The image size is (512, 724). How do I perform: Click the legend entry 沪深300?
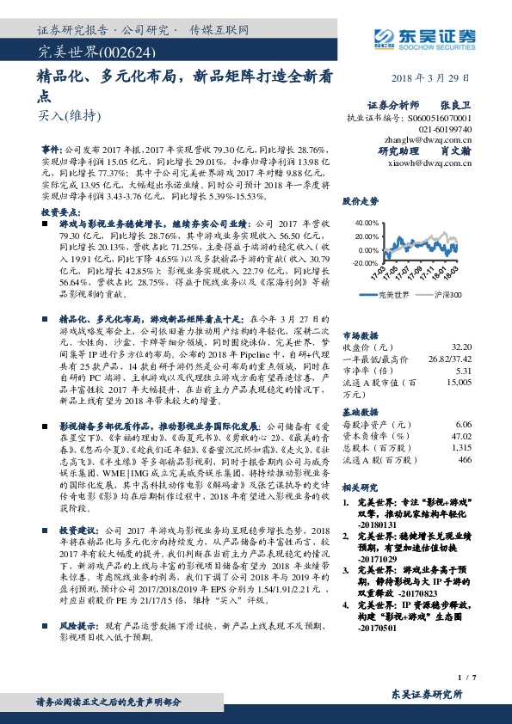tap(445, 295)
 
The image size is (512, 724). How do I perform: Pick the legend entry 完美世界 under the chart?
tap(393, 295)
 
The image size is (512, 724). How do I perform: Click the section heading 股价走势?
tap(360, 202)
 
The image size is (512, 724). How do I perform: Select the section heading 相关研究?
tap(360, 488)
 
